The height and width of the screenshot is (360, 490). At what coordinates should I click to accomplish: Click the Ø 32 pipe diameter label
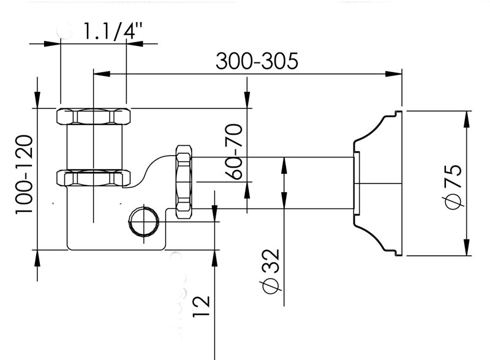270,272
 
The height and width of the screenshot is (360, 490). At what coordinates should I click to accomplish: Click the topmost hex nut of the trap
94,116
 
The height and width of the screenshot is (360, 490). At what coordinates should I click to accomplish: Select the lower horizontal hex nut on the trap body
94,178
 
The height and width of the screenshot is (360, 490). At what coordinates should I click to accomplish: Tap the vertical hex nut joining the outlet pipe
184,182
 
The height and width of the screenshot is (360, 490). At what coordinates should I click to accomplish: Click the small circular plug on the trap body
144,221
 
